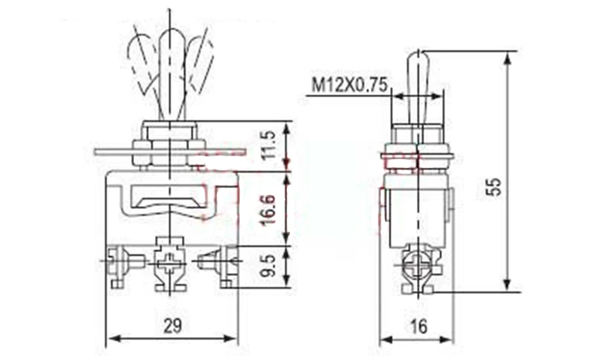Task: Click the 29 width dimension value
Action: (173, 325)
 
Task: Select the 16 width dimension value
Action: (419, 326)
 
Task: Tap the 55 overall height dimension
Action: (495, 187)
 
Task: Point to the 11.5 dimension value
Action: (269, 145)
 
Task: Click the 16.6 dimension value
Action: (269, 209)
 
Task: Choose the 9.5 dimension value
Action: (269, 266)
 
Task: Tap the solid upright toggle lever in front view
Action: (171, 75)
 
